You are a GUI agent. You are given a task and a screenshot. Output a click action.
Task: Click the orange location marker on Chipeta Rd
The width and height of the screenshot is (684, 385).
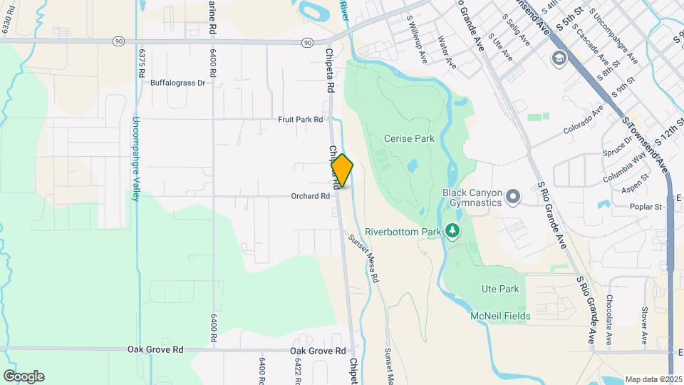(342, 170)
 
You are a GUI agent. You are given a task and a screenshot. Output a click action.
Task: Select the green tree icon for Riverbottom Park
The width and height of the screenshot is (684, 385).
(452, 231)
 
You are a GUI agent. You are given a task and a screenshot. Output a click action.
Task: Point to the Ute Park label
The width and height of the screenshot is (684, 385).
(499, 289)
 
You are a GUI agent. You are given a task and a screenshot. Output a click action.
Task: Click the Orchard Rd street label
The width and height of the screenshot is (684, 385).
(309, 196)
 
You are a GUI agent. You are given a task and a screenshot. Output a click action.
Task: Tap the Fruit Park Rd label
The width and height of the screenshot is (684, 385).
(301, 120)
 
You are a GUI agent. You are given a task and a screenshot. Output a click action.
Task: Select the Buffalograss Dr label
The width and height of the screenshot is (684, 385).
(177, 83)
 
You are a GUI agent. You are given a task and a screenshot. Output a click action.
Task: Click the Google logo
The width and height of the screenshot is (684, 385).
(24, 376)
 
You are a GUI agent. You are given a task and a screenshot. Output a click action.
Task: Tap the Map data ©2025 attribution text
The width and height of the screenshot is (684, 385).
(653, 379)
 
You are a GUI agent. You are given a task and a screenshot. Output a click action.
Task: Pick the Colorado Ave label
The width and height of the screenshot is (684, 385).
(583, 120)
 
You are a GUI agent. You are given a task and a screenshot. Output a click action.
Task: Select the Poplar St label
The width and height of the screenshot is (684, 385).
(646, 207)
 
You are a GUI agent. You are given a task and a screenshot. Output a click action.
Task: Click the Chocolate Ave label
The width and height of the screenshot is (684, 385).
(609, 319)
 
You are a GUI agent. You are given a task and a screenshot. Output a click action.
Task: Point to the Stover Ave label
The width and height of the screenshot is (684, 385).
(644, 324)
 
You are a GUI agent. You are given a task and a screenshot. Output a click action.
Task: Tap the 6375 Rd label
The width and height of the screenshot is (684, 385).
(142, 64)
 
